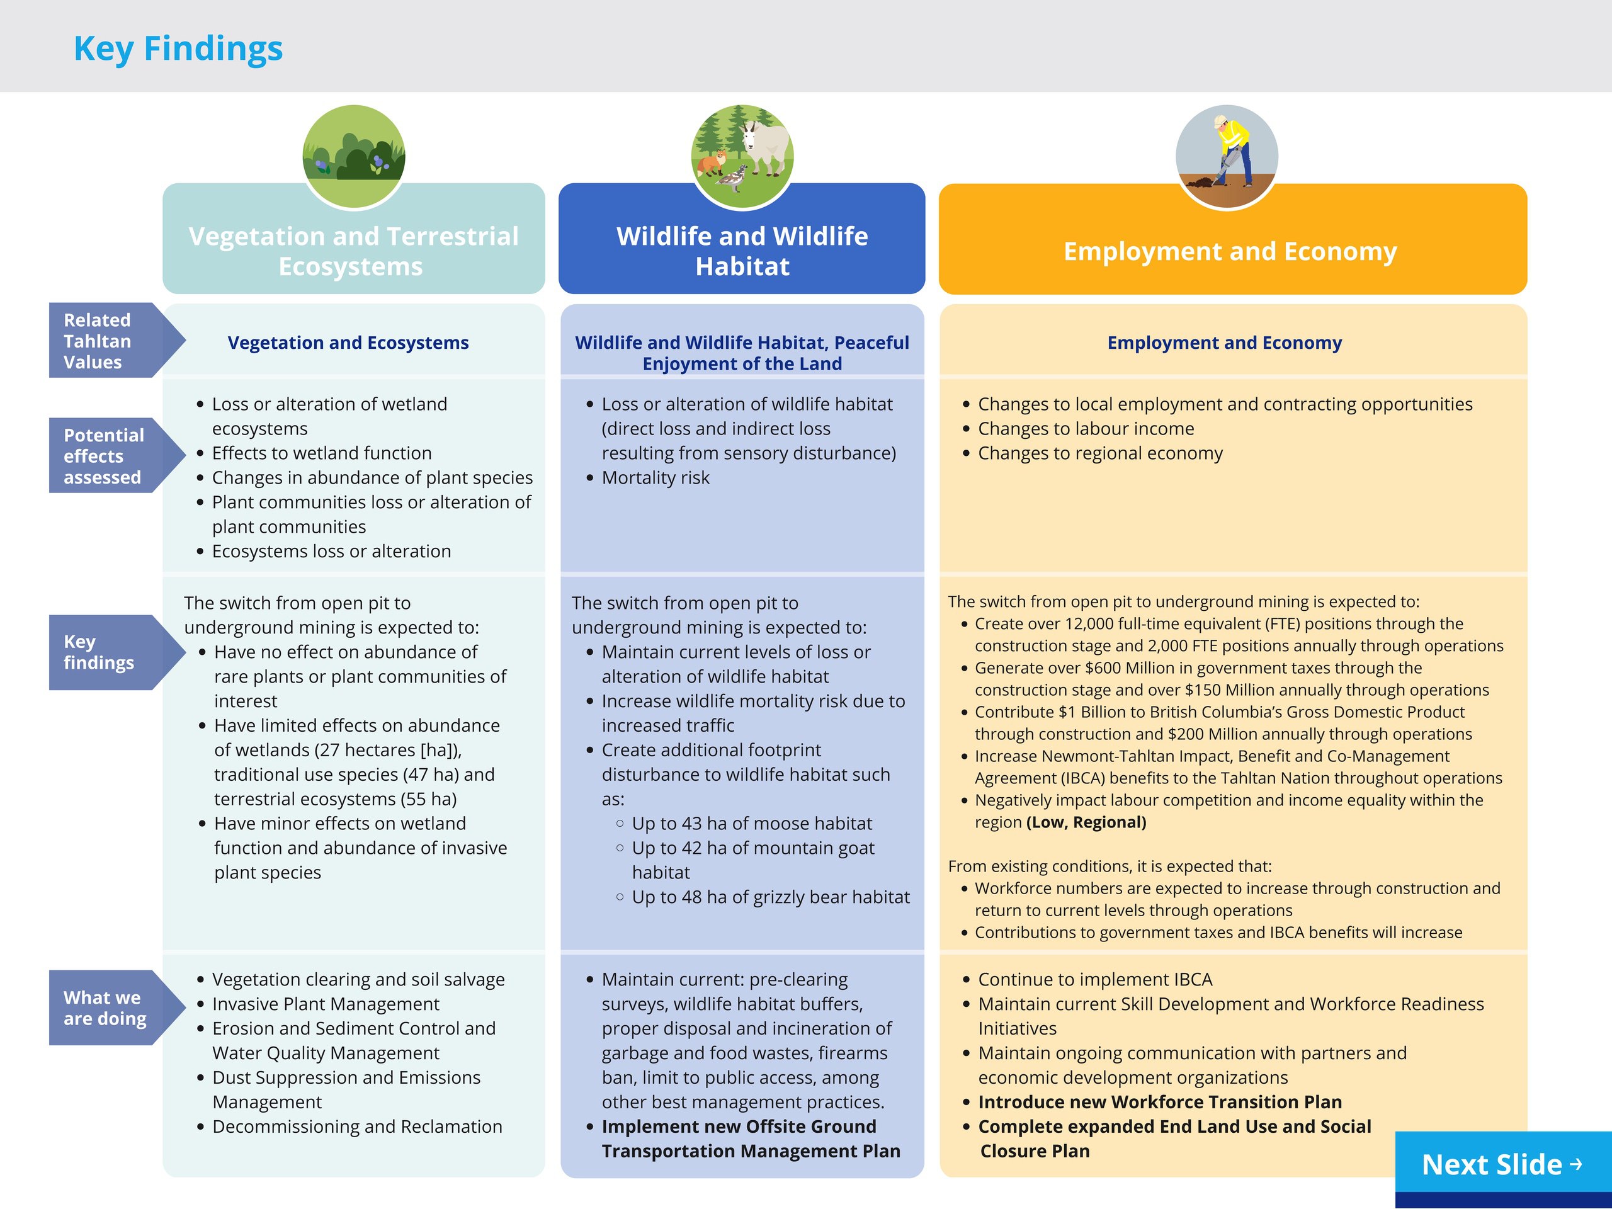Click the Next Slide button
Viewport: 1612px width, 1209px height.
[1502, 1164]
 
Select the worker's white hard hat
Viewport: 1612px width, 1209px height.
[1222, 121]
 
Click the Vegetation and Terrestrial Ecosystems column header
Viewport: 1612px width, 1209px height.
[353, 251]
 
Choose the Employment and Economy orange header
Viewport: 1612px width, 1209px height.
[1230, 251]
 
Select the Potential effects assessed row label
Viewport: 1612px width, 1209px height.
[103, 455]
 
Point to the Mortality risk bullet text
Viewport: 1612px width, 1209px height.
[655, 477]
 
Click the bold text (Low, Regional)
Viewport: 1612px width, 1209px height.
[1086, 822]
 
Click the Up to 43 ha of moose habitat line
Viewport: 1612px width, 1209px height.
[751, 823]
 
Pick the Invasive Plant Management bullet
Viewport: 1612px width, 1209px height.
[325, 1004]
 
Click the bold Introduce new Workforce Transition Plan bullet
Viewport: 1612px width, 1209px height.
[1159, 1102]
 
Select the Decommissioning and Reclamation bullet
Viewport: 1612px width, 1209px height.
[357, 1126]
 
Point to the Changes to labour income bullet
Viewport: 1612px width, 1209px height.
[1086, 429]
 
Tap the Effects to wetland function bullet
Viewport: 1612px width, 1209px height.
[321, 453]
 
